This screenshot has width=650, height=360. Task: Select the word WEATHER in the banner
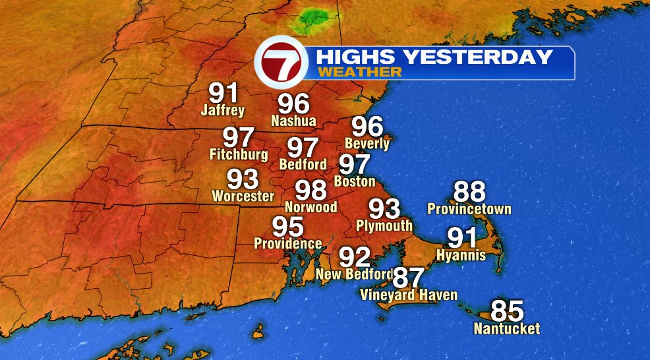(359, 72)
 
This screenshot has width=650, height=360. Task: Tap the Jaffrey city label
(223, 110)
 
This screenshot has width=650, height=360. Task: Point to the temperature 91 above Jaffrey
(223, 93)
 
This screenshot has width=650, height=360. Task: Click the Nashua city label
(293, 121)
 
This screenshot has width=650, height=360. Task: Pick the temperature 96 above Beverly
(367, 126)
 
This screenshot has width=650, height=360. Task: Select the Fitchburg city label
(239, 156)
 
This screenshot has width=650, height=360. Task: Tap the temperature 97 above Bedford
(303, 147)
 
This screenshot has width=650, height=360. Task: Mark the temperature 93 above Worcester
(243, 179)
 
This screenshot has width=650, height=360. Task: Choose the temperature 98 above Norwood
(310, 190)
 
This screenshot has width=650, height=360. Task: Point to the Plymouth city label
(384, 225)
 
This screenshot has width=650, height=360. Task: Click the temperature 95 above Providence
(288, 227)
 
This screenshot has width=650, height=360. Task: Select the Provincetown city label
(469, 210)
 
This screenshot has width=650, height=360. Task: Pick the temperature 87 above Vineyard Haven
(409, 278)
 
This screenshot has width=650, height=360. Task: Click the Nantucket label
(507, 328)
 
